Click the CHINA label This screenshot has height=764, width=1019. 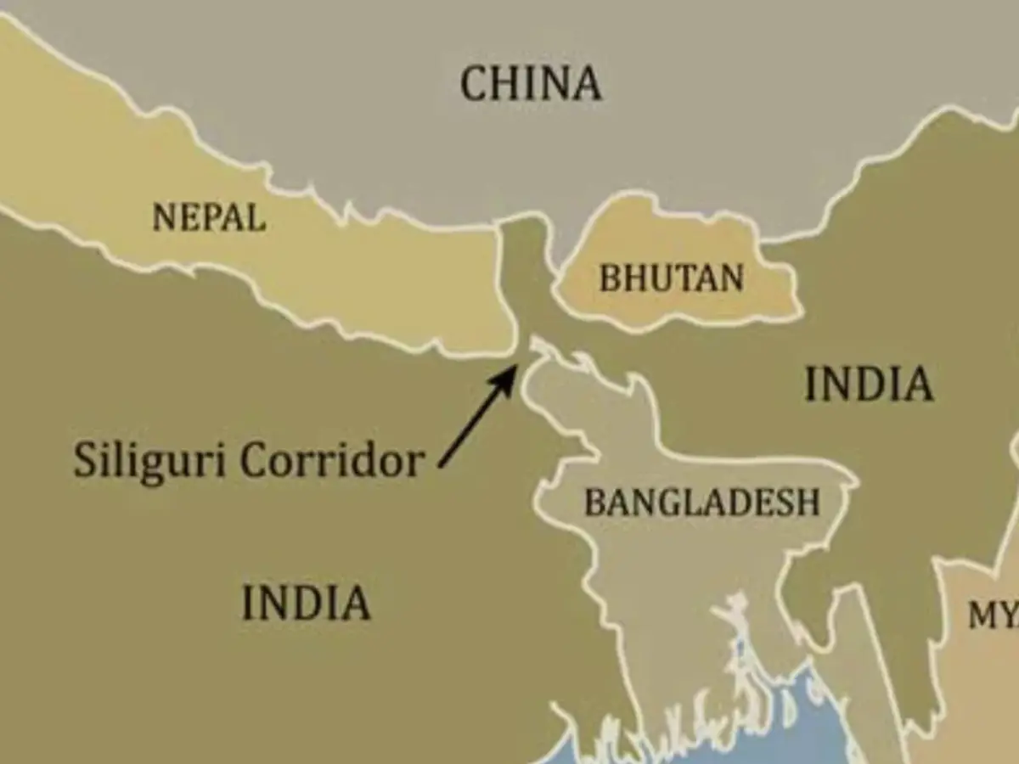pyautogui.click(x=531, y=84)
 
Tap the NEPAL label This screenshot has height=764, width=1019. pyautogui.click(x=209, y=218)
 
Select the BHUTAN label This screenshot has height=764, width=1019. pyautogui.click(x=672, y=278)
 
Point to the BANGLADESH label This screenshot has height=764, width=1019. pyautogui.click(x=702, y=502)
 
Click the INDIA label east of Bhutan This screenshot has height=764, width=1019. pyautogui.click(x=869, y=385)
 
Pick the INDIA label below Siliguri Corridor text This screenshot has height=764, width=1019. pyautogui.click(x=307, y=603)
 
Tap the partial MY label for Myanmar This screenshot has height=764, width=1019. pyautogui.click(x=994, y=616)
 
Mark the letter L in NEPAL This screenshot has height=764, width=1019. pyautogui.click(x=256, y=218)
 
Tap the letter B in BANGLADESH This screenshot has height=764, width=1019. pyautogui.click(x=594, y=502)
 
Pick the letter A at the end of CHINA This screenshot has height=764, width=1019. pyautogui.click(x=587, y=84)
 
